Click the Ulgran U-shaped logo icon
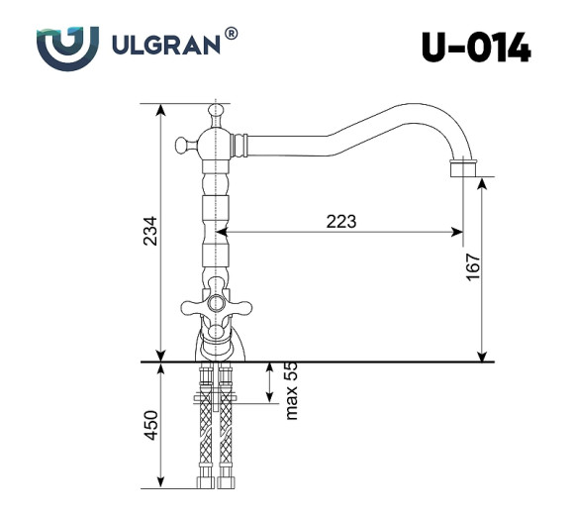[67, 46]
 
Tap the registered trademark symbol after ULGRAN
[232, 35]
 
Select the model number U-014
[475, 47]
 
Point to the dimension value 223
[340, 221]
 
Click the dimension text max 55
[291, 389]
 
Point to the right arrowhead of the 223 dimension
[458, 234]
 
